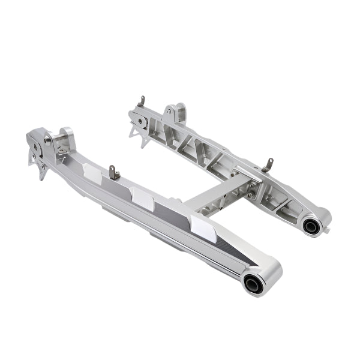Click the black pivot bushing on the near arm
254,283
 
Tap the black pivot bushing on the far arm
311,226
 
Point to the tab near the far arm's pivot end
268,164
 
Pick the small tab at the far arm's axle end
142,101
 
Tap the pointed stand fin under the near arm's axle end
41,171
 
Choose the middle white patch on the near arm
142,198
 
